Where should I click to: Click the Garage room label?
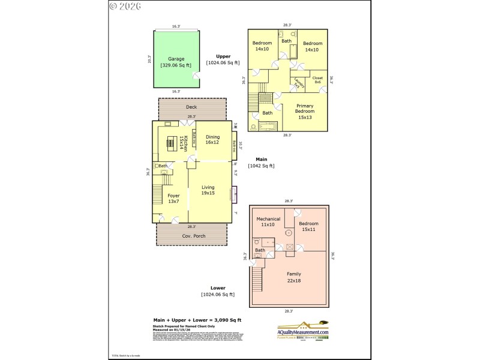(x=176, y=59)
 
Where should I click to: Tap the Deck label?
(x=191, y=107)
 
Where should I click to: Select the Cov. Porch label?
(x=194, y=236)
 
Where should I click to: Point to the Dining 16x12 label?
(x=212, y=140)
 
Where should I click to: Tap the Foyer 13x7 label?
(x=173, y=199)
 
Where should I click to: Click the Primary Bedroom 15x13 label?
(x=305, y=112)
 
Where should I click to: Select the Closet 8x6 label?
(x=317, y=80)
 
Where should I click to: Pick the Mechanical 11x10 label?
(x=269, y=221)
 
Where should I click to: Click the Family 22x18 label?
(x=294, y=277)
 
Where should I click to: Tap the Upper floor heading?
(x=223, y=56)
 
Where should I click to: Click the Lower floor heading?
(x=217, y=288)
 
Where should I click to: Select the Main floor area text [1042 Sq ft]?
(x=261, y=166)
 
